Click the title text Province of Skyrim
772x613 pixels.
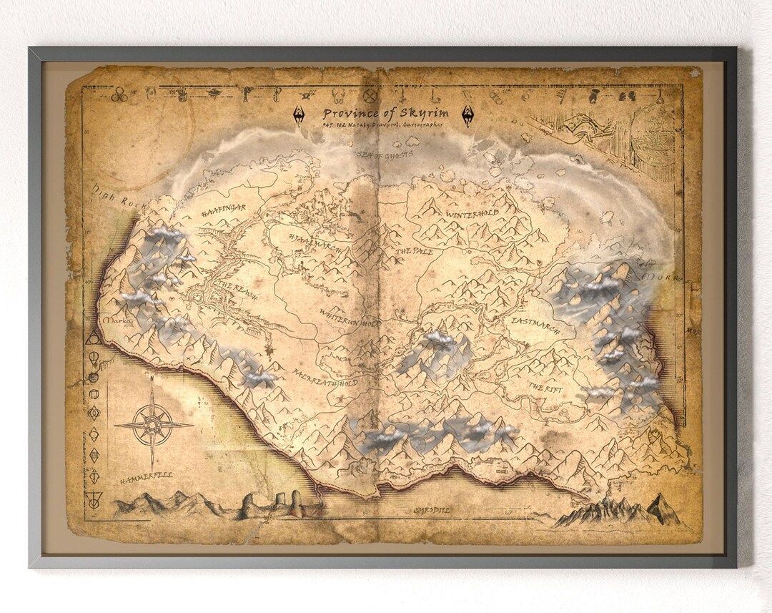pyautogui.click(x=385, y=113)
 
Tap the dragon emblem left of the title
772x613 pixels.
pyautogui.click(x=298, y=115)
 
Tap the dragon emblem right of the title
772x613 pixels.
pyautogui.click(x=467, y=115)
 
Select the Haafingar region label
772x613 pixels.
pyautogui.click(x=223, y=209)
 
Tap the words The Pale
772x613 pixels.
pyautogui.click(x=414, y=252)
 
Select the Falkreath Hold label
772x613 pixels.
pyautogui.click(x=325, y=378)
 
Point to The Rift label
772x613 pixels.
pyautogui.click(x=545, y=387)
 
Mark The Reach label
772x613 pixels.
pyautogui.click(x=235, y=289)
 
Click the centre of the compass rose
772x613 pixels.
pyautogui.click(x=153, y=424)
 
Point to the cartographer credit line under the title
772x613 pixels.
pyautogui.click(x=382, y=125)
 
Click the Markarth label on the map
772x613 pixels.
pyautogui.click(x=117, y=322)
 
